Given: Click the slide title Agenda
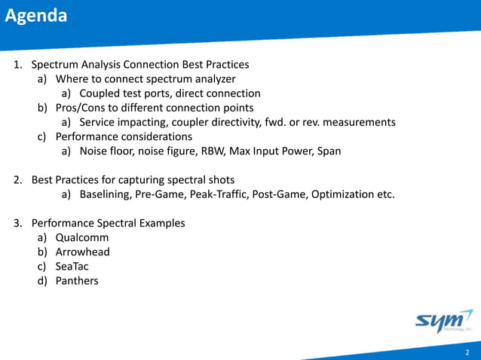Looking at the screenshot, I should point(35,16).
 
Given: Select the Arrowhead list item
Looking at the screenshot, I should point(82,252).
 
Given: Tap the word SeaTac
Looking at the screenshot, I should point(72,267).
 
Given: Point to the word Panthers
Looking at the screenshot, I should point(76,281).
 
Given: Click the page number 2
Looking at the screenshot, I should point(467,352).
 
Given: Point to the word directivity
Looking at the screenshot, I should point(249,123).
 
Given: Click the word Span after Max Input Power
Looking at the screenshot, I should point(328,151).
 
